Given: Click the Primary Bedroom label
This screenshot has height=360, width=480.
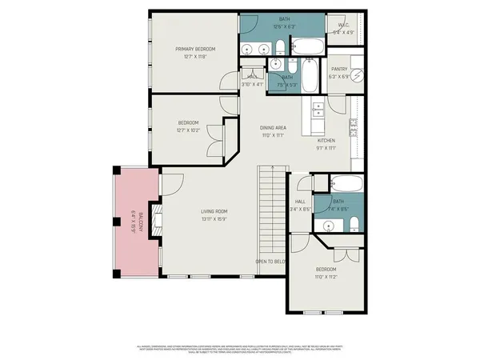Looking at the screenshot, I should click(x=195, y=49).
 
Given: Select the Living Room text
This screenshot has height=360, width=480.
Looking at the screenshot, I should click(x=214, y=211).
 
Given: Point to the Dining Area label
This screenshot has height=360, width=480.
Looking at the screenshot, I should click(x=274, y=128).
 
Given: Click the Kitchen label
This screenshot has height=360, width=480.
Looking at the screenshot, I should click(x=325, y=141).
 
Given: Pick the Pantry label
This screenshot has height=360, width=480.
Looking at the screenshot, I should click(x=339, y=70).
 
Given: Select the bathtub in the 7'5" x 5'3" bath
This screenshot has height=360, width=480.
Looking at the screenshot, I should click(x=310, y=76).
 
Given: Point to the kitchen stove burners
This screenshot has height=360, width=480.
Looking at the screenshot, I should click(x=354, y=126).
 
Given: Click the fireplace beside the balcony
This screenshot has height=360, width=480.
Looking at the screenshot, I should click(x=158, y=216).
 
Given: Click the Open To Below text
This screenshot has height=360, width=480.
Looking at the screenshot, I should click(x=270, y=262).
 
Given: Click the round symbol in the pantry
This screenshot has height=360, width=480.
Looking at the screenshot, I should click(x=359, y=69).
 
